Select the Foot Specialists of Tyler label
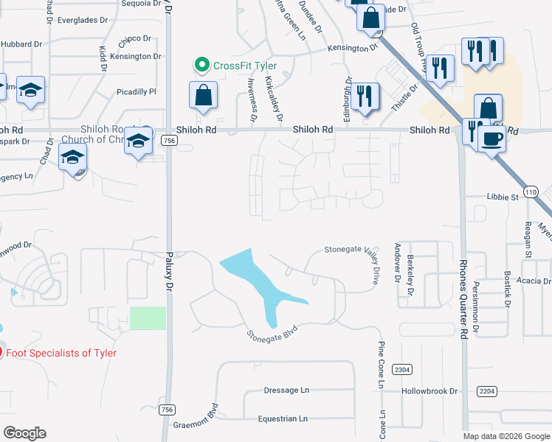click(62, 353)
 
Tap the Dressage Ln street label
click(286, 390)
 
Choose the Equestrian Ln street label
click(283, 419)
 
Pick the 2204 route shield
click(486, 391)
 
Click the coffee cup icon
click(492, 138)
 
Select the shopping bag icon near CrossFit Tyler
click(202, 95)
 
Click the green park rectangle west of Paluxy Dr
click(148, 318)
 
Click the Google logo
click(25, 433)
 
